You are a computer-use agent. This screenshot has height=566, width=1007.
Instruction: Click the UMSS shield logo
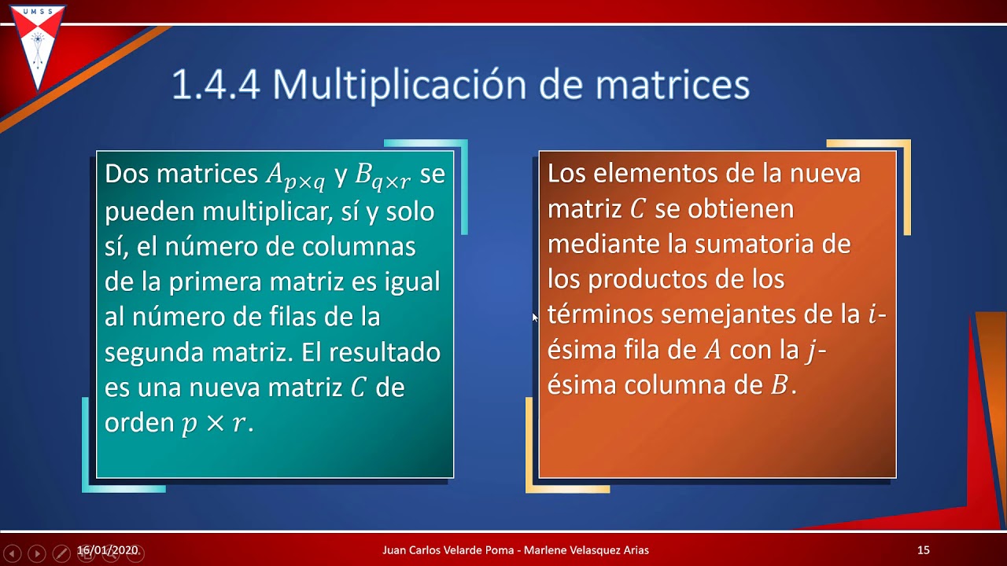tap(37, 46)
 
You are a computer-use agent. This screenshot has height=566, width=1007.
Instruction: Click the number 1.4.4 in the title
tap(216, 85)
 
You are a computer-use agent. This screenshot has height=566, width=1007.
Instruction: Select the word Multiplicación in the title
tap(398, 85)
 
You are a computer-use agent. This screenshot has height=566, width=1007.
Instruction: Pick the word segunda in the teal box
tap(154, 352)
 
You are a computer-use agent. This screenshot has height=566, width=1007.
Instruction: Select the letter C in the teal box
tap(359, 388)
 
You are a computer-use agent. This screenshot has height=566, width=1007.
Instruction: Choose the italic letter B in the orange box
tap(780, 385)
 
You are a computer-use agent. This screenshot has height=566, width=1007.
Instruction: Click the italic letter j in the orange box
tap(811, 351)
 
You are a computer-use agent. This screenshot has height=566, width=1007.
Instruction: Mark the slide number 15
tap(924, 550)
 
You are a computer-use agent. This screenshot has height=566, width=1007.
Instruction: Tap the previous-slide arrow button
tap(12, 553)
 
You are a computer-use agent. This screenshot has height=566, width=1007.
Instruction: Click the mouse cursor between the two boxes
tap(535, 317)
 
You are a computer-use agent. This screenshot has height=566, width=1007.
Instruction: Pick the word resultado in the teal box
tap(385, 352)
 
